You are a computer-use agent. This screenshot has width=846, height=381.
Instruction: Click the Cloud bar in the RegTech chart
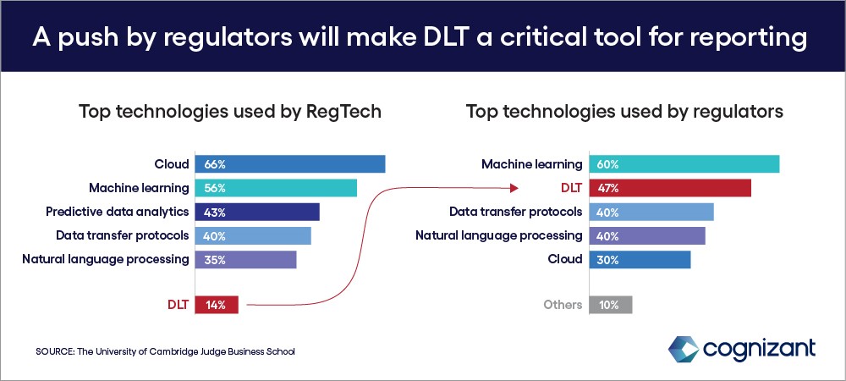[x=289, y=164]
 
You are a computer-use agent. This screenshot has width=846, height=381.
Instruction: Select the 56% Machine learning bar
[x=276, y=188]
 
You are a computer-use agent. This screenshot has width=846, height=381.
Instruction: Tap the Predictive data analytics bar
[x=257, y=212]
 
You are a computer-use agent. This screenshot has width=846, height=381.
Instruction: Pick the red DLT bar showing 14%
[x=217, y=305]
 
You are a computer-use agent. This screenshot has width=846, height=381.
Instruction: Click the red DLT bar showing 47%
[x=670, y=188]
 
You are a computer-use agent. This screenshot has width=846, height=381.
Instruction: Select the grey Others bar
[x=610, y=305]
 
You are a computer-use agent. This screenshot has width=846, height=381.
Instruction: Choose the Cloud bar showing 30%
[x=640, y=260]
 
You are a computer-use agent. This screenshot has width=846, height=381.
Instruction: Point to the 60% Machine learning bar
[x=684, y=164]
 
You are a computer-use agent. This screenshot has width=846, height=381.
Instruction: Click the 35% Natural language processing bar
[x=245, y=260]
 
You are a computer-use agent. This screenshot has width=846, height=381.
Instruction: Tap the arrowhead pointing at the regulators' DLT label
[x=514, y=188]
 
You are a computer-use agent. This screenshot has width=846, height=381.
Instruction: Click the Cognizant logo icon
[x=684, y=349]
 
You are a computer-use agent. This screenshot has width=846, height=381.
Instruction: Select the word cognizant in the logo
[x=760, y=349]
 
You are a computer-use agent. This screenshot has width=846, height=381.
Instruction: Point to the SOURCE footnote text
[x=166, y=352]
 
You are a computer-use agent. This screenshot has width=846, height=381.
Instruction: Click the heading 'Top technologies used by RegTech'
[x=230, y=113]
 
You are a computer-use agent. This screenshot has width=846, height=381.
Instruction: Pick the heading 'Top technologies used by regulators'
[x=625, y=113]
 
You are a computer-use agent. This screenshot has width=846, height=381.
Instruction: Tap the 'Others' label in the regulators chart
[x=563, y=305]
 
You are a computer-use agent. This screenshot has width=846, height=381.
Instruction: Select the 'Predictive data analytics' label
[x=117, y=212]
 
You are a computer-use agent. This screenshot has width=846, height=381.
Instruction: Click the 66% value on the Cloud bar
[x=214, y=164]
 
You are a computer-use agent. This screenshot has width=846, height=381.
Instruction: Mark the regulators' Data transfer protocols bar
[x=651, y=212]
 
